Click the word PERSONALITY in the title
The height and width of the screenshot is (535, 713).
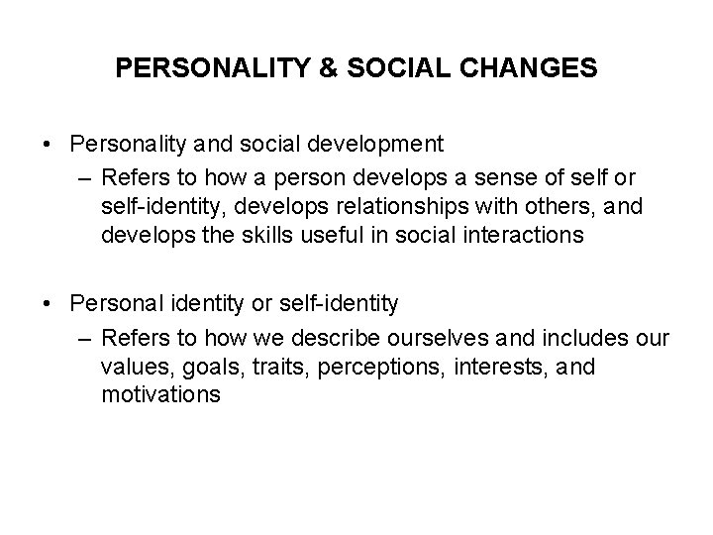pyautogui.click(x=200, y=68)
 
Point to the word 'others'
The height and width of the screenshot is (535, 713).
pyautogui.click(x=568, y=207)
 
